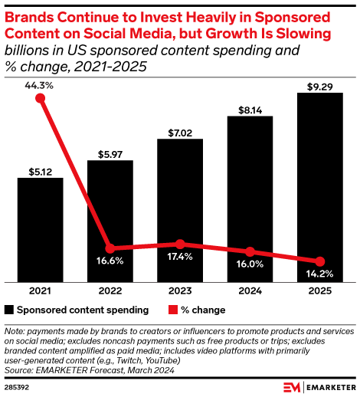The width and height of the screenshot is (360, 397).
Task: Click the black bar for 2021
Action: (40, 229)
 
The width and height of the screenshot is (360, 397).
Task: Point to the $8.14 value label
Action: (250, 109)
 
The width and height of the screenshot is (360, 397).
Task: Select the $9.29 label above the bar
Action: (319, 86)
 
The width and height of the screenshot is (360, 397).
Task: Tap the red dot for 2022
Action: (110, 248)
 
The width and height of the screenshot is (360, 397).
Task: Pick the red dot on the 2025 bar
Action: (320, 261)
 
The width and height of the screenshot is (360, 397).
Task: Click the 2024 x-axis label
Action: (250, 291)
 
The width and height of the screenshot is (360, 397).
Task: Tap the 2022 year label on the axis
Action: (110, 291)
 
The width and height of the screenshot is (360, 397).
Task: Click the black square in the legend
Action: (9, 310)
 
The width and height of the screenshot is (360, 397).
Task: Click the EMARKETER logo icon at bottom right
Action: (291, 386)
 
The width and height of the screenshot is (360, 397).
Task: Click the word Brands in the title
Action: (28, 17)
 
